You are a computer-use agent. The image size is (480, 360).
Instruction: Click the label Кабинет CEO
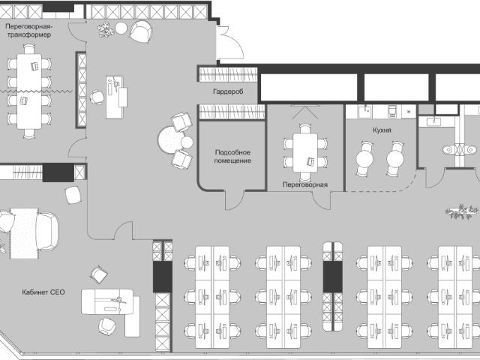tap(43, 292)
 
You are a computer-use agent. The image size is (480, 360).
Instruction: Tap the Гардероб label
tap(228, 91)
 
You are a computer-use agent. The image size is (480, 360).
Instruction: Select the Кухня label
tap(382, 130)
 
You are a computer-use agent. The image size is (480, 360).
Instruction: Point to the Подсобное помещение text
tap(232, 156)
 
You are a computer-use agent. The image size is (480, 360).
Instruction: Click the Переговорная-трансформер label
tap(28, 30)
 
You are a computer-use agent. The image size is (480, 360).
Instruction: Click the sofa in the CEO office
tap(47, 232)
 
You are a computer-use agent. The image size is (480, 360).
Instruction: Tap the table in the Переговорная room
tap(305, 153)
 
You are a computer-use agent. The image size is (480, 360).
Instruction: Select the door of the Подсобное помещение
tap(235, 199)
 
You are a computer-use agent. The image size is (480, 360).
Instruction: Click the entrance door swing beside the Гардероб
tap(230, 43)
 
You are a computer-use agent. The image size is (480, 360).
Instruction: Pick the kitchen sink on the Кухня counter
tap(365, 111)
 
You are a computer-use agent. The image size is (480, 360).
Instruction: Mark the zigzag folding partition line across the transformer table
tap(36, 91)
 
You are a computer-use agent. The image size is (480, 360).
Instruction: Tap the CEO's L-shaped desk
tap(111, 309)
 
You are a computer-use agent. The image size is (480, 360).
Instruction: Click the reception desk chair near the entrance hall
tap(97, 97)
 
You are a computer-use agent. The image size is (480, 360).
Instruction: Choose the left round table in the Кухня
tap(364, 159)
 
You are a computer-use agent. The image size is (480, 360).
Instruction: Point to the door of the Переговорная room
tap(322, 200)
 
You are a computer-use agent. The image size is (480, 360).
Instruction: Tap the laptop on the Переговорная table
tap(311, 161)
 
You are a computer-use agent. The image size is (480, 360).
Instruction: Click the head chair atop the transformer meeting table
tap(29, 49)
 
